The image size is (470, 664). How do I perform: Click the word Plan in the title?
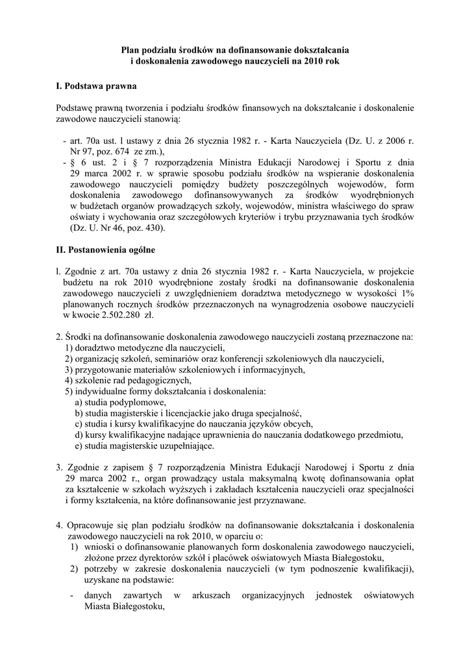click(132, 49)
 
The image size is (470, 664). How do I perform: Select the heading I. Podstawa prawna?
click(97, 85)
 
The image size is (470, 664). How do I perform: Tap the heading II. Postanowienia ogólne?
click(106, 249)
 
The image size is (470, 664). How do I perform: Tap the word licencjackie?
click(189, 414)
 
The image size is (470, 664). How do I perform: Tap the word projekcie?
click(396, 271)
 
